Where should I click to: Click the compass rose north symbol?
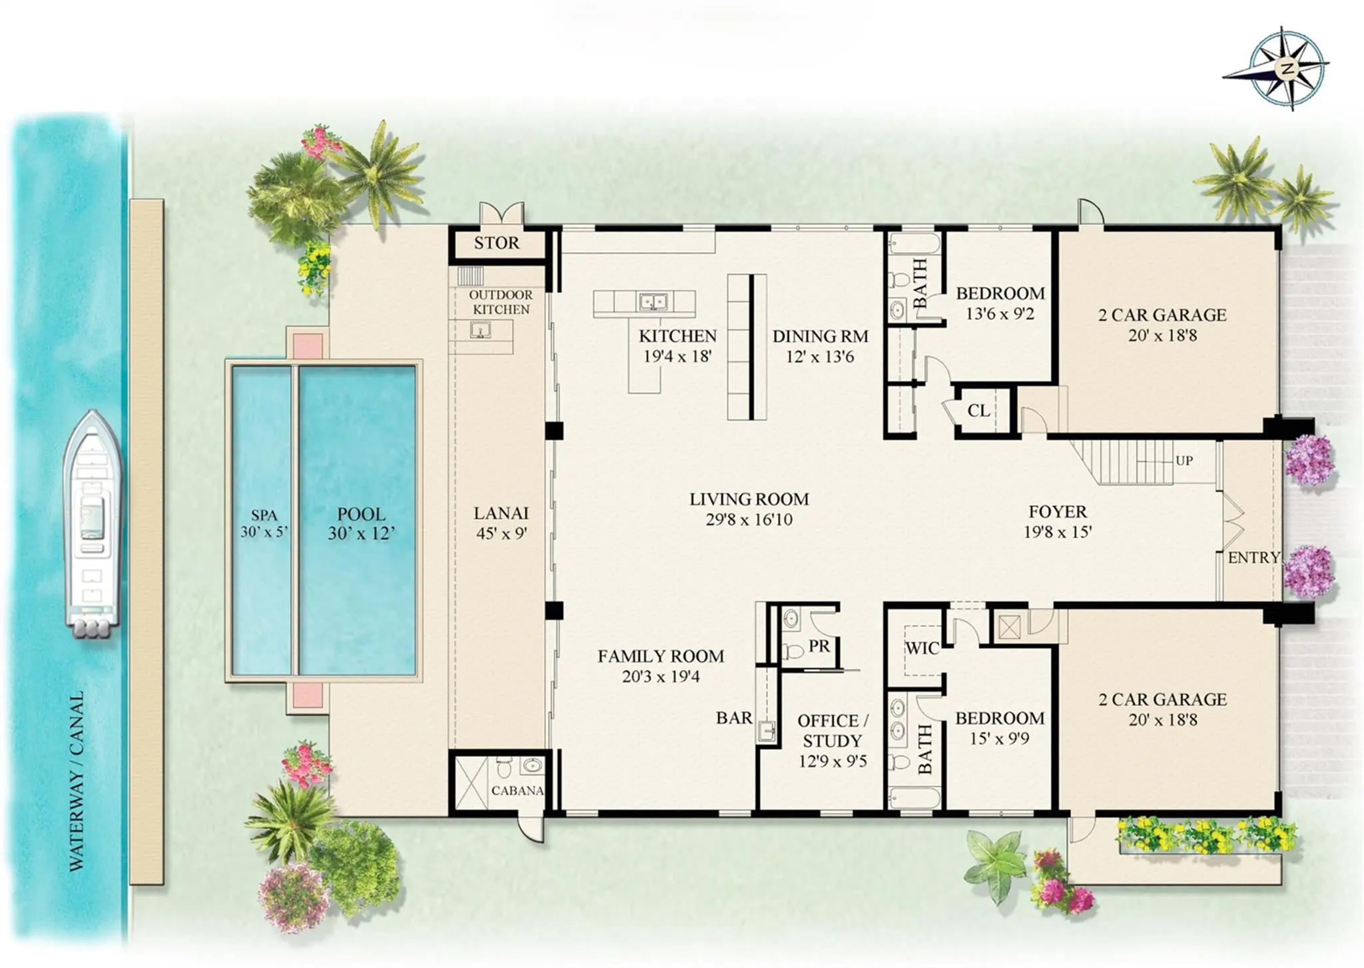[1287, 69]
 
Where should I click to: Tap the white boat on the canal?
[93, 524]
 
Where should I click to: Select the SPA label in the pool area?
[264, 515]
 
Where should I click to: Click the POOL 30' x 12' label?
[361, 523]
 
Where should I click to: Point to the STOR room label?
[496, 243]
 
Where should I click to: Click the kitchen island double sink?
[653, 302]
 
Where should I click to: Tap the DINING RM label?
[820, 336]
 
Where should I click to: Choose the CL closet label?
[978, 411]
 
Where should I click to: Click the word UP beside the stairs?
[1184, 460]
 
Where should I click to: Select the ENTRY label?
[1253, 558]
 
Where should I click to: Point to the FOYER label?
[1057, 511]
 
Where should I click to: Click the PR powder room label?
[819, 645]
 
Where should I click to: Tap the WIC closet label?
[922, 648]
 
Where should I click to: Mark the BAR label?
[734, 718]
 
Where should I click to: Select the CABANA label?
[517, 791]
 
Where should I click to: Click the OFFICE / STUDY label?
[833, 730]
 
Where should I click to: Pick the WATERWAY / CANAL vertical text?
[77, 780]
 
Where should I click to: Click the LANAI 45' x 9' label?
[501, 523]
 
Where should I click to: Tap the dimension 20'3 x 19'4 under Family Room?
[660, 677]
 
